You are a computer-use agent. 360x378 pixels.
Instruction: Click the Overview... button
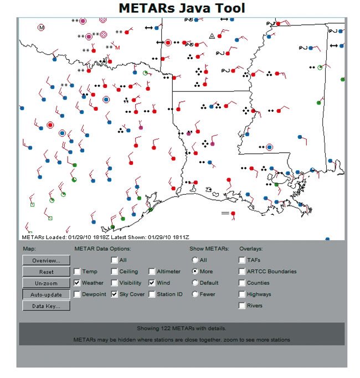[x=46, y=260]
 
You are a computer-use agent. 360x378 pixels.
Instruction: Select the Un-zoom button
[x=46, y=283]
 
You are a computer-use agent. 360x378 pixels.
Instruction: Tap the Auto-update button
[x=46, y=294]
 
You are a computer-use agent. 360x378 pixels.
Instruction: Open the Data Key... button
[x=46, y=306]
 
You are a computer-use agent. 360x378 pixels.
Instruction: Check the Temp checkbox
[x=77, y=272]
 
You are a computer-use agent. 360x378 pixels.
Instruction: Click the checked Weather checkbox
[x=77, y=283]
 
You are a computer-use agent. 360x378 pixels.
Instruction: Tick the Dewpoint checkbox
[x=77, y=294]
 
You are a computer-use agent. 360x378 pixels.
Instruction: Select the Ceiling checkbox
[x=114, y=272]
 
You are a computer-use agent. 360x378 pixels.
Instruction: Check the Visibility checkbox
[x=114, y=283]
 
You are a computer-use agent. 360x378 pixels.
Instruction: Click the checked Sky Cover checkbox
[x=114, y=294]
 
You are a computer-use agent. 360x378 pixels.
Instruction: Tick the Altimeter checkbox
[x=152, y=272]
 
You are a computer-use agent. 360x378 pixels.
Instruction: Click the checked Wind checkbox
[x=152, y=283]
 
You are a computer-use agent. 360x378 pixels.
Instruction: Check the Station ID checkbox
[x=152, y=294]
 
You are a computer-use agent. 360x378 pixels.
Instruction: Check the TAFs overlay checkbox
[x=243, y=260]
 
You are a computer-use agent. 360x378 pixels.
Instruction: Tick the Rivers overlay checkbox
[x=243, y=305]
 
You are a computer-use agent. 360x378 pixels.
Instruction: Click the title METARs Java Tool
[x=182, y=8]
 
